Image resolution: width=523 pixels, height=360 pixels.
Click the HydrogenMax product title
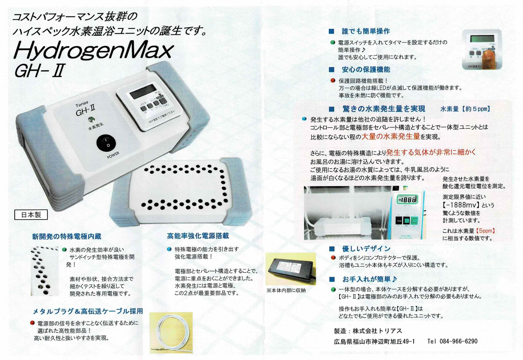click(93, 50)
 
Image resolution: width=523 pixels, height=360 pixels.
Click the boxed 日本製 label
click(31, 215)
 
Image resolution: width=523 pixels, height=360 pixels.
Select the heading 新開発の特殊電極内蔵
click(66, 236)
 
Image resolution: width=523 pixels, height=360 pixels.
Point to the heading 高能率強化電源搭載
click(198, 236)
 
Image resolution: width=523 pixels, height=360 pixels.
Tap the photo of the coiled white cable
click(171, 332)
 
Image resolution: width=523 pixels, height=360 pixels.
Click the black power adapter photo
click(291, 268)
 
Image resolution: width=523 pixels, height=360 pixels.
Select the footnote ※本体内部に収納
click(286, 290)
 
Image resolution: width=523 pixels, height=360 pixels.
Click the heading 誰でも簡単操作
click(365, 31)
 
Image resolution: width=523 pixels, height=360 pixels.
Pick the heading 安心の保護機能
click(365, 69)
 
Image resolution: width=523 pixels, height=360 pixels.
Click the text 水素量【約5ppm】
click(465, 109)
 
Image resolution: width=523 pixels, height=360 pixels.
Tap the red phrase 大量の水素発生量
click(390, 136)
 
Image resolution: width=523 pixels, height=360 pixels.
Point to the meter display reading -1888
click(407, 200)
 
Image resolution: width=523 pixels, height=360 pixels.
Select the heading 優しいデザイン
click(366, 249)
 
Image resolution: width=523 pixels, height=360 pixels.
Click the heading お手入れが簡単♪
click(369, 279)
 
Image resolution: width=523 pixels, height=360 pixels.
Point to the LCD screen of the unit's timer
click(142, 91)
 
